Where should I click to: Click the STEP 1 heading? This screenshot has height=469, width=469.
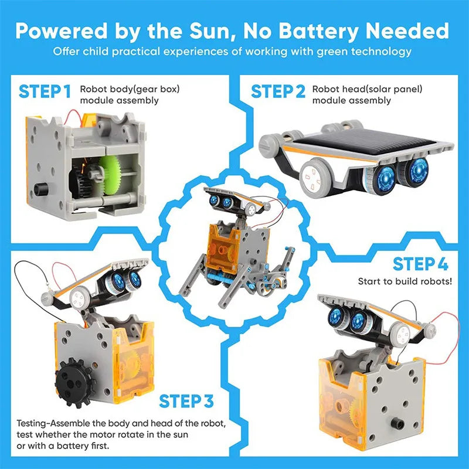45,91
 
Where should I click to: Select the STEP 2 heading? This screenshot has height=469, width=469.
278,91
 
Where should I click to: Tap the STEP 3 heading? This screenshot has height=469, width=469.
186,402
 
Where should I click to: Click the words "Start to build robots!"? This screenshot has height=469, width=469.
405,281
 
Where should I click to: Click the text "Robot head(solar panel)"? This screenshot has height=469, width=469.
367,90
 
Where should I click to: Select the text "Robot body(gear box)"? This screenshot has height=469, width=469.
130,90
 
